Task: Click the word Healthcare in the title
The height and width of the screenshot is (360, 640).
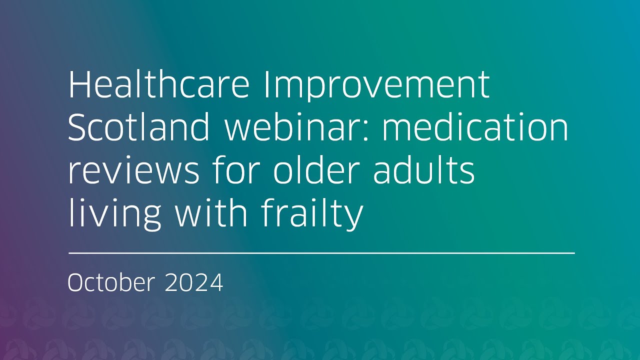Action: click(x=158, y=84)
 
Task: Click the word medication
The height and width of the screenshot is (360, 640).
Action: click(x=475, y=127)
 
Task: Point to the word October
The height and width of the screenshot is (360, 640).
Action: click(x=111, y=283)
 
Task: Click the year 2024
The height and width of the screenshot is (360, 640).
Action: click(x=193, y=283)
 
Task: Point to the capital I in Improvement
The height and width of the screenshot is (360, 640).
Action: click(x=265, y=84)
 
